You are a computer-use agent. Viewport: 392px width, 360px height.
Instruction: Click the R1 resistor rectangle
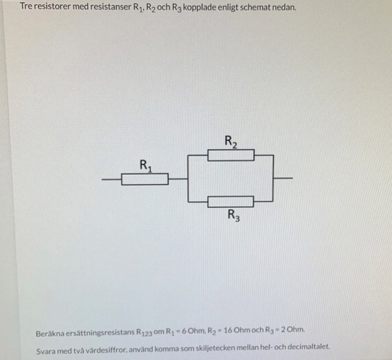click(x=145, y=179)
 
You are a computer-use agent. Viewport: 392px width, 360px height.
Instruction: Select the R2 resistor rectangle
click(x=231, y=156)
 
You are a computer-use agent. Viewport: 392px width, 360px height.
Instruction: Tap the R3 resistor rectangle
click(x=231, y=201)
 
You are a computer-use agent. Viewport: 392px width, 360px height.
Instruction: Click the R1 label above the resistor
click(x=146, y=165)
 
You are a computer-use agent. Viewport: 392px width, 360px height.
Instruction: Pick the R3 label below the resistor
click(x=234, y=215)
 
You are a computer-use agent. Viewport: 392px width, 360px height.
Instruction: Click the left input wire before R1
click(x=111, y=179)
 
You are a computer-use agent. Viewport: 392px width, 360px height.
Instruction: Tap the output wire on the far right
click(x=284, y=178)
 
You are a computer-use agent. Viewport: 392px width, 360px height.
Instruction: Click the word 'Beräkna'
click(x=49, y=333)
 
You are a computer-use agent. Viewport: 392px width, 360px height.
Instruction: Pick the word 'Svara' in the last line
click(x=46, y=351)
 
